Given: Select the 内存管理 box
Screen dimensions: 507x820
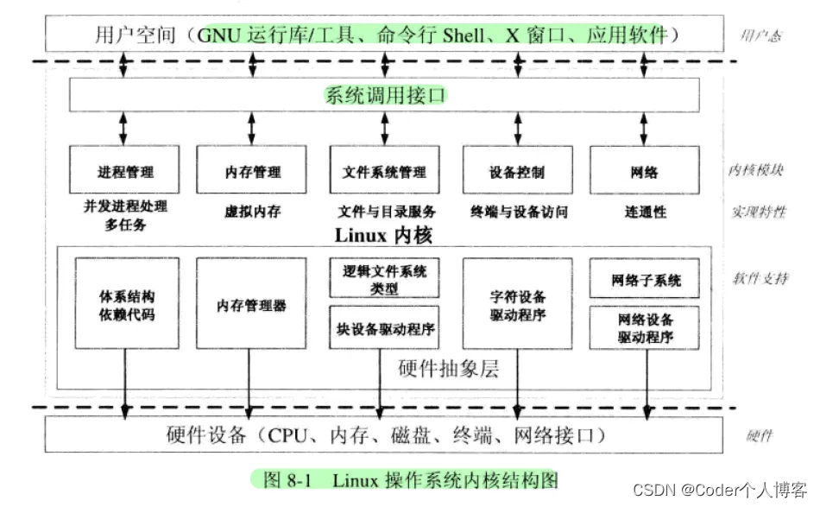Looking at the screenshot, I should [x=251, y=171].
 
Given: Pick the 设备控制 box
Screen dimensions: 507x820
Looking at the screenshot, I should [x=516, y=171].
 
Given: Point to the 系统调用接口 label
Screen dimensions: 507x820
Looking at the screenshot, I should [x=385, y=95].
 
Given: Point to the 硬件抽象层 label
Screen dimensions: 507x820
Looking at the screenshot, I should [x=449, y=369].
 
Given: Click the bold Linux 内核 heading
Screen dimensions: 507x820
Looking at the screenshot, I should [x=382, y=234].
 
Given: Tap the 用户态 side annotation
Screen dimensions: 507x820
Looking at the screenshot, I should [x=760, y=35].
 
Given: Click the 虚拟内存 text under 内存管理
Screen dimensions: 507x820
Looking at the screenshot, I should [x=251, y=211].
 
